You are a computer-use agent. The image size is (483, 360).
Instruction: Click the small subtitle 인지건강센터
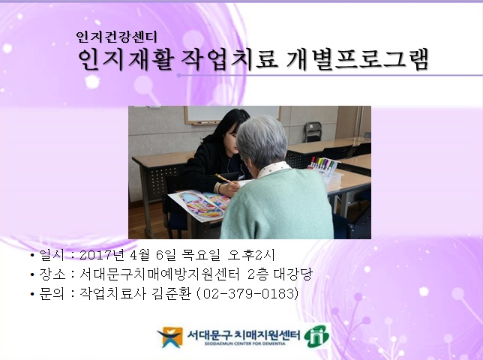pyautogui.click(x=115, y=36)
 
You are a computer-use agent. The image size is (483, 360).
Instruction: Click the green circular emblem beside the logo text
pyautogui.click(x=316, y=335)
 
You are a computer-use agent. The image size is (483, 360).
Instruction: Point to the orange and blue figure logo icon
pyautogui.click(x=169, y=337)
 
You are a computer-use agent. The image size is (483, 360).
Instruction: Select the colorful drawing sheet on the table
pyautogui.click(x=196, y=202)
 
